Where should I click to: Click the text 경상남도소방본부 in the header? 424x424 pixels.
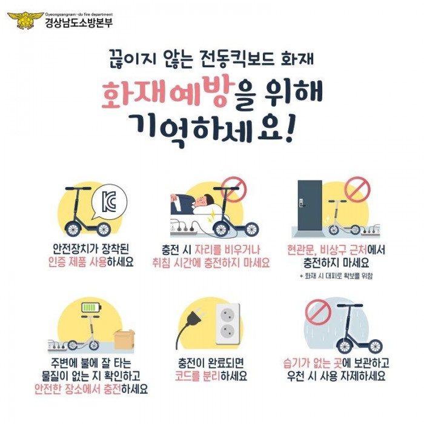[x=78, y=23]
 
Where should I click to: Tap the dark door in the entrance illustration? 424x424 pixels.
[x=309, y=204]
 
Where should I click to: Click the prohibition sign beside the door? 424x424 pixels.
[x=357, y=189]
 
